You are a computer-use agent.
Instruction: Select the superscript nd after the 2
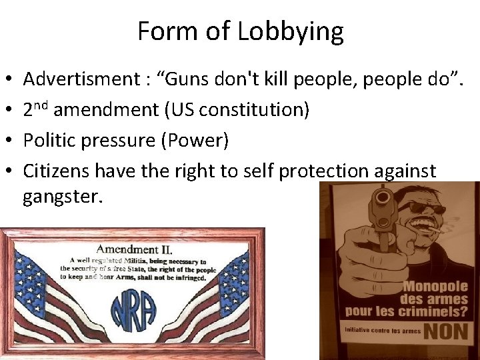tap(41, 105)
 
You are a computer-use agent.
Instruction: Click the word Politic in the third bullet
tap(51, 140)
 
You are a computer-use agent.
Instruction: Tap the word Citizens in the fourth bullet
tap(57, 171)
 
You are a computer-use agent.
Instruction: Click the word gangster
tap(63, 197)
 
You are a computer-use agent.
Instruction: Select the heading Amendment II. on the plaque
tap(135, 249)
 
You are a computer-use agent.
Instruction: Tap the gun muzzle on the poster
tap(385, 199)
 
